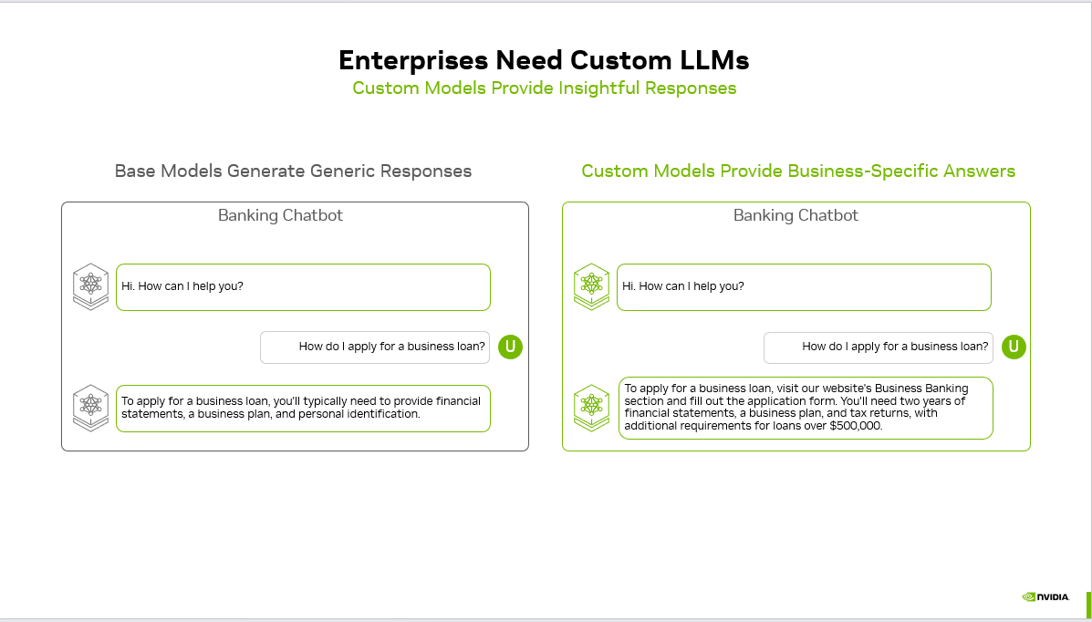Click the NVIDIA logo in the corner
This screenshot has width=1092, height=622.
(1045, 597)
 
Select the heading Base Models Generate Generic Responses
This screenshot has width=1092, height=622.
(293, 171)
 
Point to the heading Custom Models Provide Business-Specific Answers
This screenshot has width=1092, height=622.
(798, 171)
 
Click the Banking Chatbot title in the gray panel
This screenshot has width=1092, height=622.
(280, 216)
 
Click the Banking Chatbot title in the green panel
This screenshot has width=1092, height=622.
(796, 216)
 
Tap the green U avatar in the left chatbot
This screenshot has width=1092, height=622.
(511, 347)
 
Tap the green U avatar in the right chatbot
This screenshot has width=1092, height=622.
(1014, 347)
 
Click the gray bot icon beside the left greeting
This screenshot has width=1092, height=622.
(90, 286)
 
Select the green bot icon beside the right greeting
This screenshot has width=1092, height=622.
(591, 286)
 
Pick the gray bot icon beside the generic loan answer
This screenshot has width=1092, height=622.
(90, 407)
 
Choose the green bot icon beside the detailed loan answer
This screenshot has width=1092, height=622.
(591, 407)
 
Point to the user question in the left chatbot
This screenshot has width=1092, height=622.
(392, 347)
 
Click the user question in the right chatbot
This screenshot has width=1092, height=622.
(895, 347)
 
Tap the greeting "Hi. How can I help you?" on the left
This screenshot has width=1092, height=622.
(182, 286)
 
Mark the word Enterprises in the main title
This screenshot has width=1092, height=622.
(413, 60)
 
